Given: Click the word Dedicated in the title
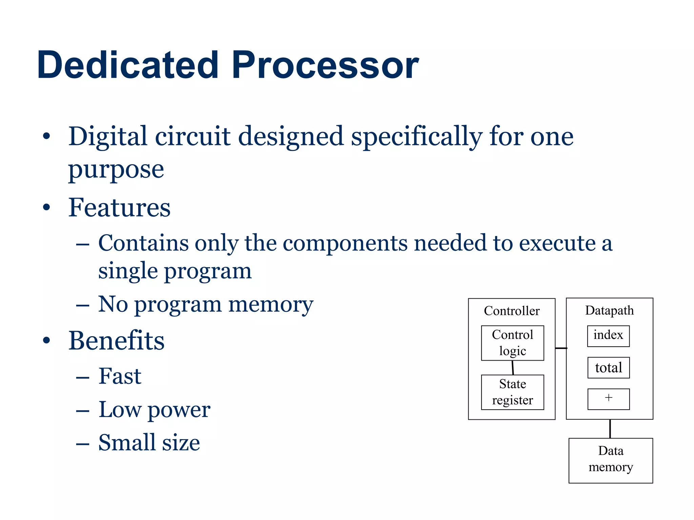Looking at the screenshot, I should (128, 65).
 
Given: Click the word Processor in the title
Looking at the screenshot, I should (325, 65).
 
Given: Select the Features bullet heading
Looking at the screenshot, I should (119, 208).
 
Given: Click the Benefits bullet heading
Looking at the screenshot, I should (116, 341).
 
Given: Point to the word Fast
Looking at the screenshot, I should (120, 376).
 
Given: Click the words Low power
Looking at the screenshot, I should (154, 410).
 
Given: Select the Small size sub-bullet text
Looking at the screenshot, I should (149, 442).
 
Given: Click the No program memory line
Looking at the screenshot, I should (205, 304).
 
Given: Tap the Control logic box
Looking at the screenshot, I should (512, 343).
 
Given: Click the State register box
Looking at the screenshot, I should (512, 392).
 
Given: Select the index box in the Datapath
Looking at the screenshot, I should (608, 336).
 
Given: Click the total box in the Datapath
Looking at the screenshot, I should (608, 368).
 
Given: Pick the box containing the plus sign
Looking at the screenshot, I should (608, 399).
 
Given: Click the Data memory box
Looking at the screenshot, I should (611, 460).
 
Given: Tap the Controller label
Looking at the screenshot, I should (512, 311).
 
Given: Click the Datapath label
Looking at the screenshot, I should (609, 310).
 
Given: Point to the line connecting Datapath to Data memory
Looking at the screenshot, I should (610, 429).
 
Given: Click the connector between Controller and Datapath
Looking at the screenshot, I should (561, 348).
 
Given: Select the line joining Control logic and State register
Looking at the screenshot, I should (513, 368).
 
